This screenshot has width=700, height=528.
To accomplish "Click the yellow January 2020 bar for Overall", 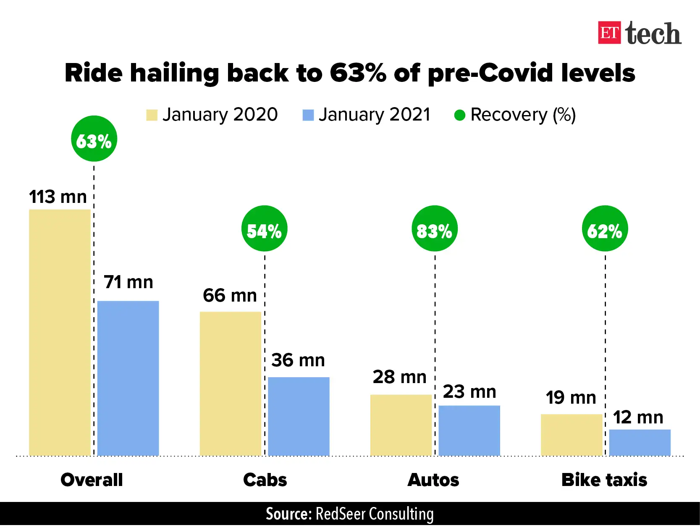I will coord(60,332).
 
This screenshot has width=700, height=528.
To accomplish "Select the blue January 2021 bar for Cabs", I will coord(299,416).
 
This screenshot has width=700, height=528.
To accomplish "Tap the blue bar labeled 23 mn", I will coord(469,430).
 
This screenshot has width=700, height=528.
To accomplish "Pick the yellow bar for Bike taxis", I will coord(572,435).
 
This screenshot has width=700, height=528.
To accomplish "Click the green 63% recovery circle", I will coord(94,139).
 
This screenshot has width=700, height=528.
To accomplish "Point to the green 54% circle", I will coord(264,229).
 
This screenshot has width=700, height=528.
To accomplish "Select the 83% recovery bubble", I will coord(434,229).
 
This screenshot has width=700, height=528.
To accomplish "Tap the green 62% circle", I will coord(605,229).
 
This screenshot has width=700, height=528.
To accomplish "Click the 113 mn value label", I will coord(58,197).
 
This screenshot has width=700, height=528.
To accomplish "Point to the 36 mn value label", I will coord(298,360).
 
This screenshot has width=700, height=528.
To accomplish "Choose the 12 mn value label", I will coord(637,417).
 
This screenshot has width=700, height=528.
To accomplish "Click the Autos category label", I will coord(433,480).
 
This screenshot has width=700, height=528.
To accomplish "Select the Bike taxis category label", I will coord(604,480).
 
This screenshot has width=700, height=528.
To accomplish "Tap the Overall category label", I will coord(92,480).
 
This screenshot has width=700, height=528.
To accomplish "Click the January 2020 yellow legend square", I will coord(152,115).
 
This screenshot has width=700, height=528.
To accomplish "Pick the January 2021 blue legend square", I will coord(308,115).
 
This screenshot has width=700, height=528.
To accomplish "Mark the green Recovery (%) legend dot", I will coord(459,115).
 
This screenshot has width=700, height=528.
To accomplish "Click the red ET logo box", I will coord(609,33).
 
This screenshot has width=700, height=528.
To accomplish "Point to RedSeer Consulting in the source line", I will coord(374,514).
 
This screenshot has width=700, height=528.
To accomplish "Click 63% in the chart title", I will coord(358,73).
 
